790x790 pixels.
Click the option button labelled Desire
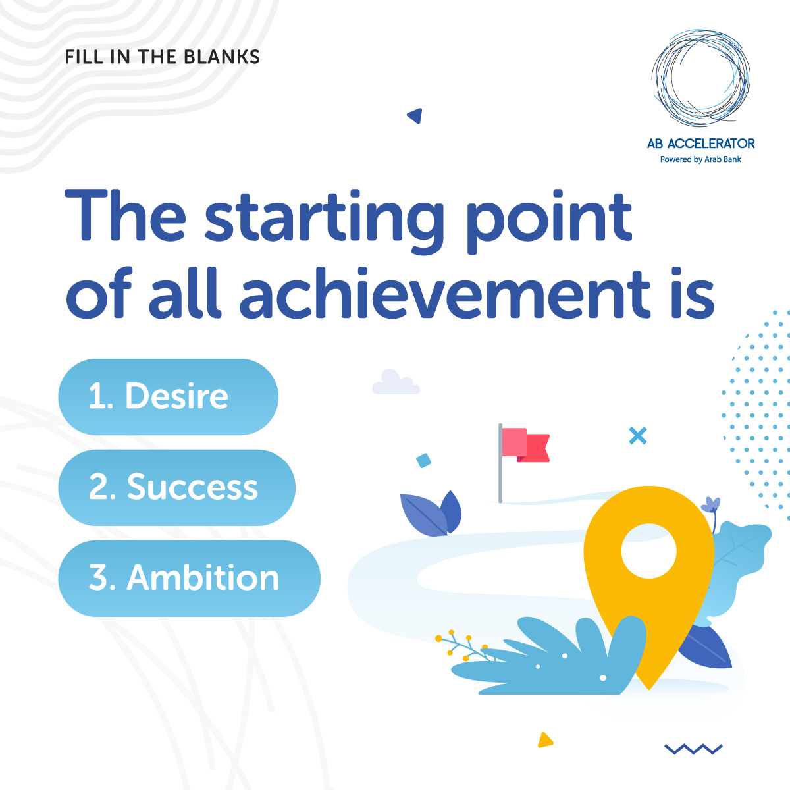168,396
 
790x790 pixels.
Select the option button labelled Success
176,487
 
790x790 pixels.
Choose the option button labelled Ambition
189,578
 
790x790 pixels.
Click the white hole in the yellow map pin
648,550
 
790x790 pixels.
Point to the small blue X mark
638,435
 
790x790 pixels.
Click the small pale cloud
396,382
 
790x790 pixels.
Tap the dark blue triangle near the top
415,116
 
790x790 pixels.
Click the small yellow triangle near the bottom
545,740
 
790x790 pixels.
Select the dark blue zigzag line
693,749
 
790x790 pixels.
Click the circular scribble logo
700,78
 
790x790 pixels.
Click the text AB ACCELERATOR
700,144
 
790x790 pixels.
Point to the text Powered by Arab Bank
700,159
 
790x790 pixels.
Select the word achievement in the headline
444,293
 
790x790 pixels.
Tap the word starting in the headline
324,221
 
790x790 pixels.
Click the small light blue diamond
423,460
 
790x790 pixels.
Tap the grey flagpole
500,463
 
